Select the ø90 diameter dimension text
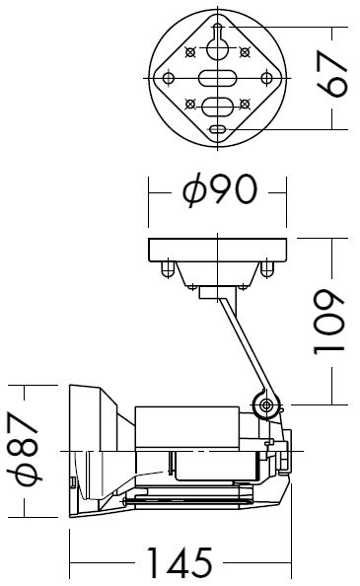tap(220, 190)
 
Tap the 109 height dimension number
tap(327, 322)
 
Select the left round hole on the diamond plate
tap(169, 78)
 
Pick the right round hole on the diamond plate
tap(266, 78)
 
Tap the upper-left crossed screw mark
tap(190, 52)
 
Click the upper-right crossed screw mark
tap(245, 52)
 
